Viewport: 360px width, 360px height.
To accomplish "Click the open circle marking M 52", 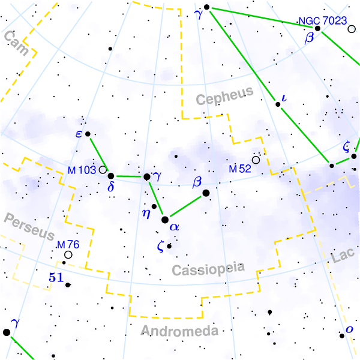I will coord(256,160).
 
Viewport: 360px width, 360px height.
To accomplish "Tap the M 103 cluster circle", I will coord(103,170).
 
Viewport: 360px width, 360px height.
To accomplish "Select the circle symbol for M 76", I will coord(68,255).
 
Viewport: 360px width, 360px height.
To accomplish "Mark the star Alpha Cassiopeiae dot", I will coord(165,220).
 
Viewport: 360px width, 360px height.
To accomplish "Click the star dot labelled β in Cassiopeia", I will coord(206,193).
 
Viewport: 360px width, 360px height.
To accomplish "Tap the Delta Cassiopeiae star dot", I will coord(111,176).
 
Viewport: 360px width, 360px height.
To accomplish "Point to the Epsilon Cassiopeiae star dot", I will coord(88,134).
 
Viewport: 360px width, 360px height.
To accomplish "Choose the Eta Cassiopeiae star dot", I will coord(154,207).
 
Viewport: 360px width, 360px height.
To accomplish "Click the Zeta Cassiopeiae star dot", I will coord(169,246).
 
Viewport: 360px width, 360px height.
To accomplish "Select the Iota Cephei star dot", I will coord(278,104).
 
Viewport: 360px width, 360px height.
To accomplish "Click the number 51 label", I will coord(55,277).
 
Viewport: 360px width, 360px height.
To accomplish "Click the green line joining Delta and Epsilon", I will coord(99,154).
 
